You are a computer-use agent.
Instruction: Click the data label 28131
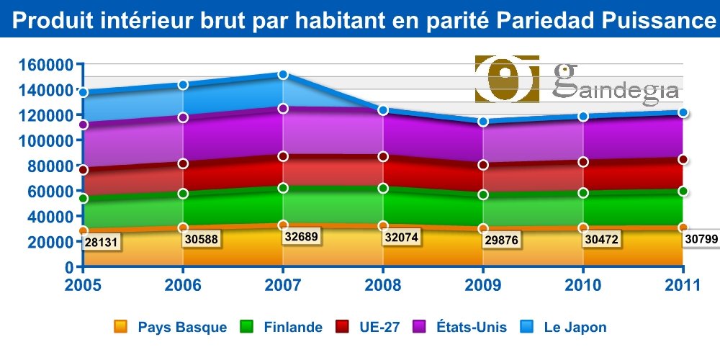click(x=102, y=243)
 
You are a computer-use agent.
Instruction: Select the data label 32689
click(x=301, y=235)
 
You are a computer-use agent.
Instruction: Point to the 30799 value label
click(x=701, y=238)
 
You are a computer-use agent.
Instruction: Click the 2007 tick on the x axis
click(x=283, y=285)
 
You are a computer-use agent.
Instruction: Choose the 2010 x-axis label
click(x=582, y=285)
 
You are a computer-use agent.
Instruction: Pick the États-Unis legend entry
click(x=472, y=328)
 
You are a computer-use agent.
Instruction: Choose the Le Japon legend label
click(x=574, y=328)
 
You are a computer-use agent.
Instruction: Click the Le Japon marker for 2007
click(x=283, y=75)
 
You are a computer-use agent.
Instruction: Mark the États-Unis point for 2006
click(x=184, y=117)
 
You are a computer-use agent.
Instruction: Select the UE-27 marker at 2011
click(x=683, y=160)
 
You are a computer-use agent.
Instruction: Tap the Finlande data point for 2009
click(x=483, y=194)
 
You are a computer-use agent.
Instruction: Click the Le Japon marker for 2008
click(x=383, y=110)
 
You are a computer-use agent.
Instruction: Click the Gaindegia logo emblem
click(x=508, y=78)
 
